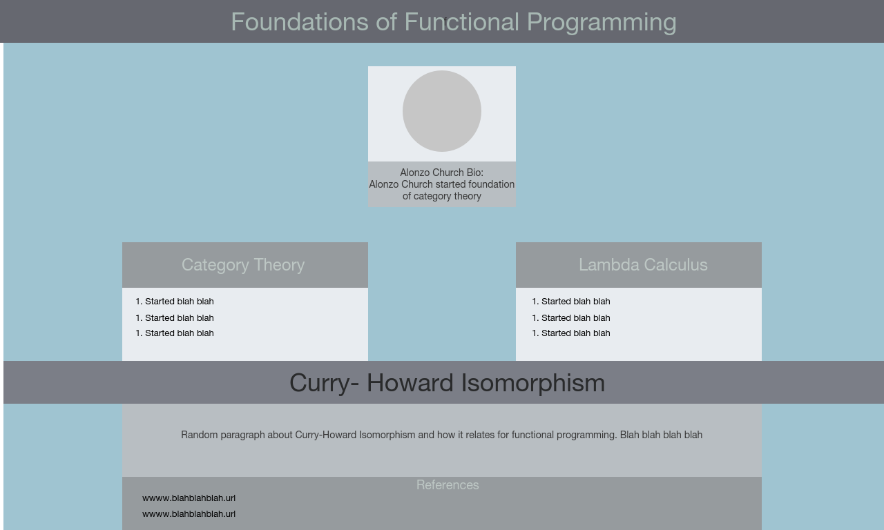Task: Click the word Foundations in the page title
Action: click(x=300, y=21)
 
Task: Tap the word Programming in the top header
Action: click(x=602, y=23)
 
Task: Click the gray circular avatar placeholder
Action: click(x=441, y=111)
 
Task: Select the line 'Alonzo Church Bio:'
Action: click(x=441, y=173)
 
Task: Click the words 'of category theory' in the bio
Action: click(x=441, y=197)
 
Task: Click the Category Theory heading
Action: click(x=243, y=265)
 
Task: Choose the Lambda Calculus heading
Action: click(x=643, y=265)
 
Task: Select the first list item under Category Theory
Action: click(x=175, y=302)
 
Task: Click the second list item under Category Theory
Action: click(x=175, y=318)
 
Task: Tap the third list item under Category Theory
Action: click(x=175, y=333)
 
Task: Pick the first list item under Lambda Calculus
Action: click(x=571, y=302)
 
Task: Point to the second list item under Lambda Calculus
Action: click(x=571, y=318)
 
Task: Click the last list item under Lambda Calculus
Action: click(x=571, y=333)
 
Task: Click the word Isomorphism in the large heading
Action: click(x=532, y=383)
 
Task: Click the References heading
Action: click(x=448, y=485)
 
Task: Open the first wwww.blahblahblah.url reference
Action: click(x=189, y=498)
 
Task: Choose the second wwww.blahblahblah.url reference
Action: click(x=189, y=514)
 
